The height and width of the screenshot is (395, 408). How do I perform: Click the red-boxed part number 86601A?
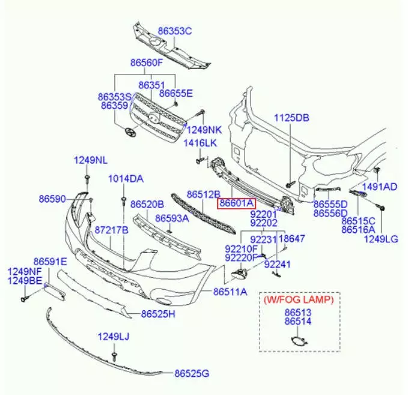pyautogui.click(x=237, y=203)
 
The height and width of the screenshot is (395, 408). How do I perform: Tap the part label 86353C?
pyautogui.click(x=175, y=31)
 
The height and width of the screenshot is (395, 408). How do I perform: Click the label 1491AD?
pyautogui.click(x=380, y=186)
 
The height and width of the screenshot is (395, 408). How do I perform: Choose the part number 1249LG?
pyautogui.click(x=381, y=239)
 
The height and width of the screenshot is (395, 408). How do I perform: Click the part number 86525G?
pyautogui.click(x=192, y=374)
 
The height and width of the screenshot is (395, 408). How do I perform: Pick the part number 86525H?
pyautogui.click(x=159, y=313)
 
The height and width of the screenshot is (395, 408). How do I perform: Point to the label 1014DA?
pyautogui.click(x=126, y=179)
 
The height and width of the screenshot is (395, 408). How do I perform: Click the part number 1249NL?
pyautogui.click(x=91, y=160)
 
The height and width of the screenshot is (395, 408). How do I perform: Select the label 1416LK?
pyautogui.click(x=200, y=142)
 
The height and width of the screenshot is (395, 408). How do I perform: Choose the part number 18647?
pyautogui.click(x=293, y=239)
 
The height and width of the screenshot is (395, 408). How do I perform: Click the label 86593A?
pyautogui.click(x=172, y=219)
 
